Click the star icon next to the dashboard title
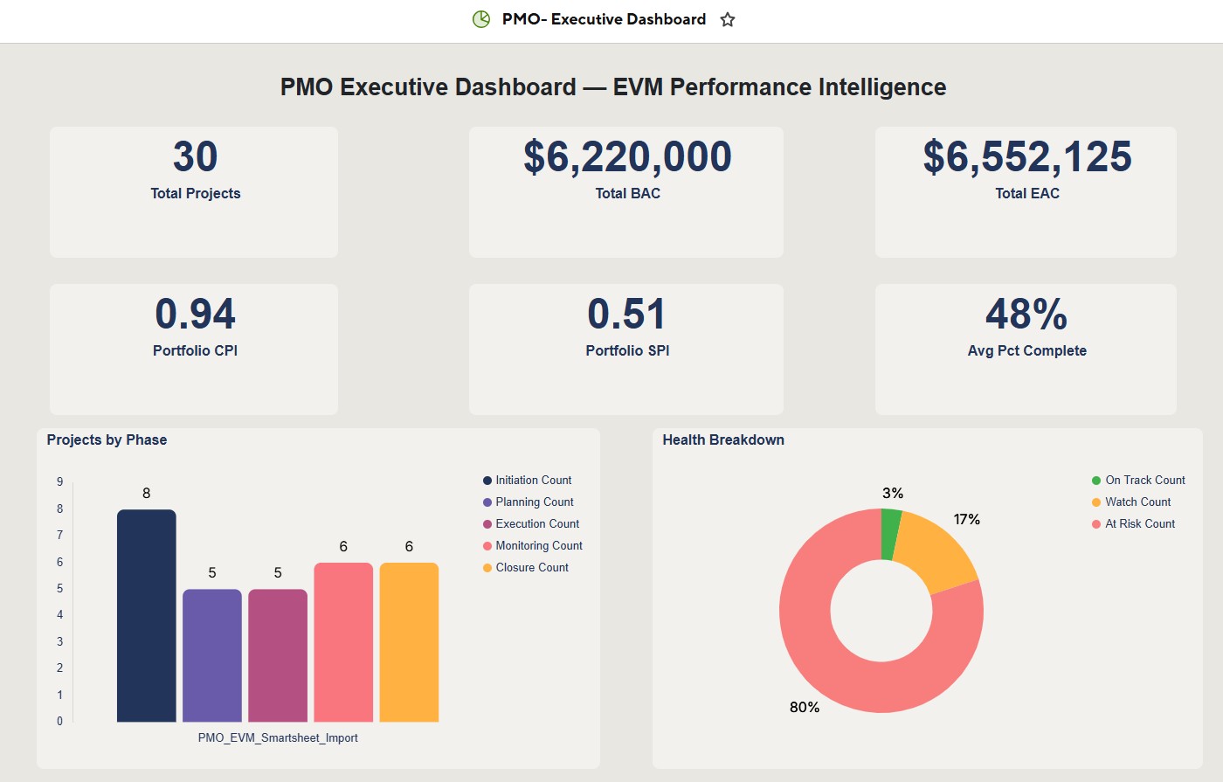coord(727,19)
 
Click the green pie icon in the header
coord(481,19)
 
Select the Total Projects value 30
coord(195,157)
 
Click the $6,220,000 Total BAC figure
coord(627,157)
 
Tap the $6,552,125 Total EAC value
coord(1026,157)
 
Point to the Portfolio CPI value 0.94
coord(195,315)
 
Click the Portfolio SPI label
coord(627,350)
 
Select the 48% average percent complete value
coord(1026,315)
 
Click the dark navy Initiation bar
coord(147,616)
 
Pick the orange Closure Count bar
coord(409,642)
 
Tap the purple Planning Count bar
coord(212,655)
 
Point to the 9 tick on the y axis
coord(59,481)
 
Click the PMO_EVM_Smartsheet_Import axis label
coord(278,738)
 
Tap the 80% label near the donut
coord(805,707)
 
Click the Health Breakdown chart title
coord(723,440)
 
